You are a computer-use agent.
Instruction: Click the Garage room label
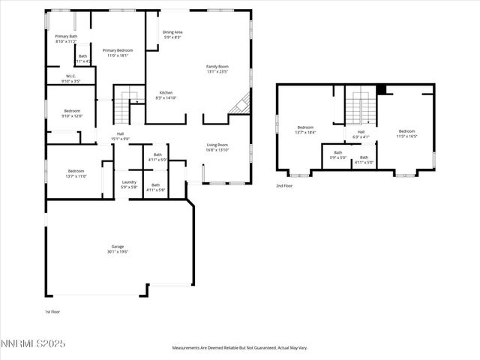point(118,247)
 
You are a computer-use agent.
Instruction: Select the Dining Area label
point(173,32)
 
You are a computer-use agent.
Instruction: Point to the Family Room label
point(217,67)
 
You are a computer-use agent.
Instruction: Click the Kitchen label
point(166,92)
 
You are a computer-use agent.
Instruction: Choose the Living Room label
point(217,145)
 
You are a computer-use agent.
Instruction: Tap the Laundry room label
point(129,181)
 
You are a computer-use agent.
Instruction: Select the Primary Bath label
point(67,36)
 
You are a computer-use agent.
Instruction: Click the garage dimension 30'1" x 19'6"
point(118,252)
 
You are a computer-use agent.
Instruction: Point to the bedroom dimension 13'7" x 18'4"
point(305,132)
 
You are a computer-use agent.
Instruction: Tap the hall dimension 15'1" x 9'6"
point(120,139)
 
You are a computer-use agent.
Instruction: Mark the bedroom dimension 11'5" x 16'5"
point(407,136)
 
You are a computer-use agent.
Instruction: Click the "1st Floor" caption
point(52,310)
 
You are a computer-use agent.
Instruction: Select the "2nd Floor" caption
point(283,185)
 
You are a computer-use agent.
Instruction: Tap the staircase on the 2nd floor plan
point(361,107)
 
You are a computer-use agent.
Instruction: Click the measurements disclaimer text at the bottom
point(240,347)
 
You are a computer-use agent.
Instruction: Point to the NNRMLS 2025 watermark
point(33,343)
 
